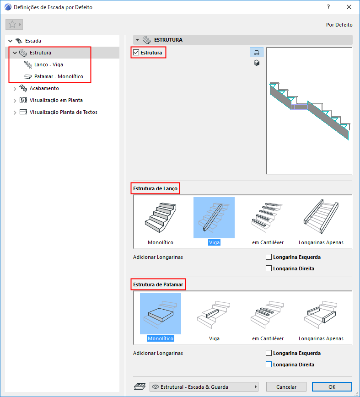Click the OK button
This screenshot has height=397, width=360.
[x=332, y=386]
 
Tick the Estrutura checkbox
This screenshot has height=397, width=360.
[x=136, y=53]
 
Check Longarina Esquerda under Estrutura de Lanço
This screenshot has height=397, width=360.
[x=269, y=257]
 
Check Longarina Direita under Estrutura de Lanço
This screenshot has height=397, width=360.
[x=269, y=268]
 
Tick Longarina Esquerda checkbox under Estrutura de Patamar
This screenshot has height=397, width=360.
[x=269, y=353]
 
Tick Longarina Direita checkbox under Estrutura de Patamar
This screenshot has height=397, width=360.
[x=269, y=365]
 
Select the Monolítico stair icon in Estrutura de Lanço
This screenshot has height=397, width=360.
[x=161, y=218]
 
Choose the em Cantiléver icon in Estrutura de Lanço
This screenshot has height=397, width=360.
[x=267, y=218]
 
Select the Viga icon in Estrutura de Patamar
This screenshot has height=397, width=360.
[x=214, y=314]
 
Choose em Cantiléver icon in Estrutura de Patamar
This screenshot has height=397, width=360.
[x=267, y=314]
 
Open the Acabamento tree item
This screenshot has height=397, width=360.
[x=44, y=88]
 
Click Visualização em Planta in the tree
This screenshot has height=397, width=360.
[x=56, y=100]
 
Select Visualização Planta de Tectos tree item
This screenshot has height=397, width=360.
[x=64, y=112]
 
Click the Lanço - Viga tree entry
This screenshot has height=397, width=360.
[x=48, y=64]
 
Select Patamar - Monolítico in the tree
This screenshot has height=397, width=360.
[x=59, y=76]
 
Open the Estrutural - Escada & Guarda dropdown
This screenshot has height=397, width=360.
[x=204, y=386]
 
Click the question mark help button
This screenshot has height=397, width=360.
[x=328, y=7]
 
